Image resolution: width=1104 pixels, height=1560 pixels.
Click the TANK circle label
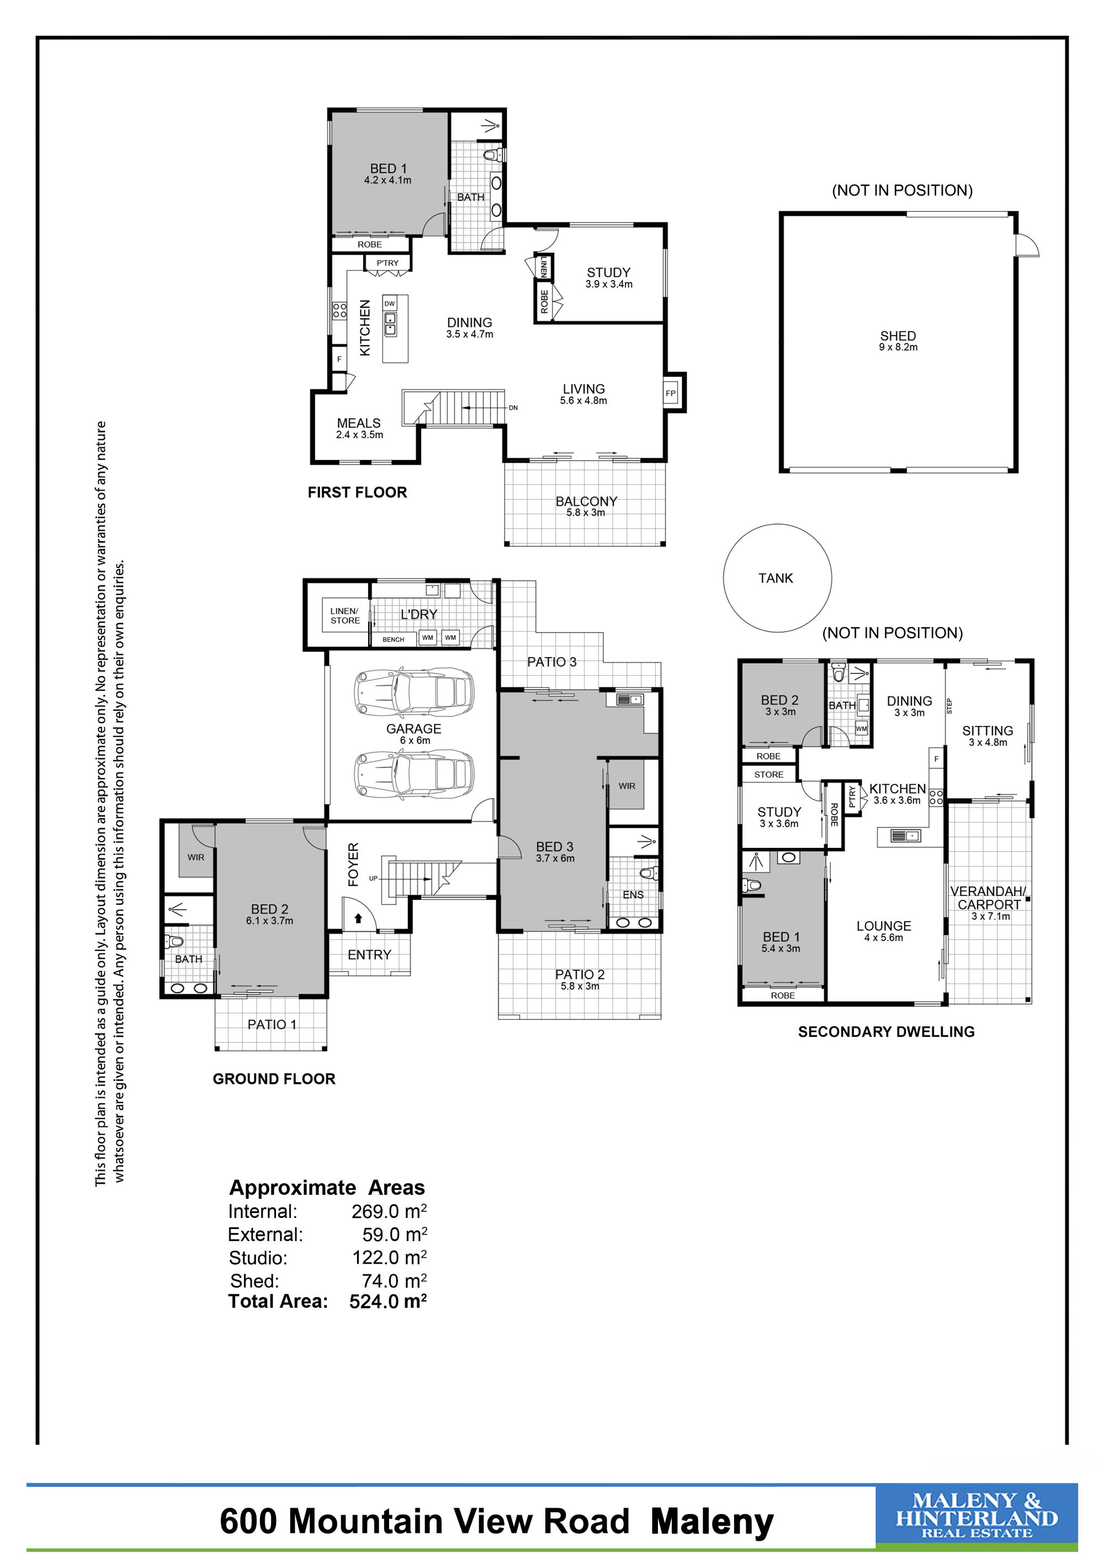[x=776, y=578]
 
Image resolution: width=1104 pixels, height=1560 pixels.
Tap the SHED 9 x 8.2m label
[x=898, y=341]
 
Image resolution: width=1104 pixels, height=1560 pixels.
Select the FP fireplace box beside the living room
[x=671, y=393]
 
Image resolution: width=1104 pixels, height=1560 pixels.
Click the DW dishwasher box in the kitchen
[x=390, y=304]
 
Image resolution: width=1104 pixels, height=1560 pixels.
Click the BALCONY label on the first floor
[x=586, y=501]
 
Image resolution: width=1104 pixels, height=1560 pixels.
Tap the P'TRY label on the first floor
[x=388, y=263]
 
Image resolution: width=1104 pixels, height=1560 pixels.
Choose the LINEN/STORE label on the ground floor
[x=346, y=616]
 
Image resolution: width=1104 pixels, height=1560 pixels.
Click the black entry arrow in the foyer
[x=358, y=918]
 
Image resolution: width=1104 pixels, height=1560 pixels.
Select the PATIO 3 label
[x=552, y=662]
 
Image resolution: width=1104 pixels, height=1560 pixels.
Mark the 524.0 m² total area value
[x=388, y=1301]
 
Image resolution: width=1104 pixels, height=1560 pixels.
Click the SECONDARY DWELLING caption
[x=886, y=1032]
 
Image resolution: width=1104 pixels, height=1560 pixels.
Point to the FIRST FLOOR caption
[x=357, y=493]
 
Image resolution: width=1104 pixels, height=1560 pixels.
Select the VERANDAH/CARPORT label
[x=989, y=897]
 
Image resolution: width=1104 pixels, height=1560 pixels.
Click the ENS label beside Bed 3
[x=633, y=895]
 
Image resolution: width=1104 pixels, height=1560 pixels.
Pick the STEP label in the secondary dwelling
[x=949, y=707]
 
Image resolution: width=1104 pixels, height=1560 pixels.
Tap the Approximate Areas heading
[x=327, y=1188]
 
